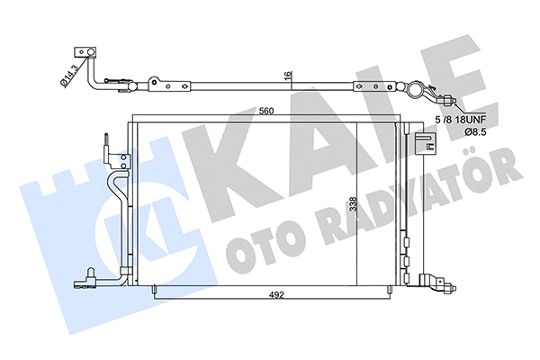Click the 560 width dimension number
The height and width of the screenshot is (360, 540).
click(x=263, y=112)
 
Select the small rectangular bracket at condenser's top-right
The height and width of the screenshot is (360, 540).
click(x=425, y=140)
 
